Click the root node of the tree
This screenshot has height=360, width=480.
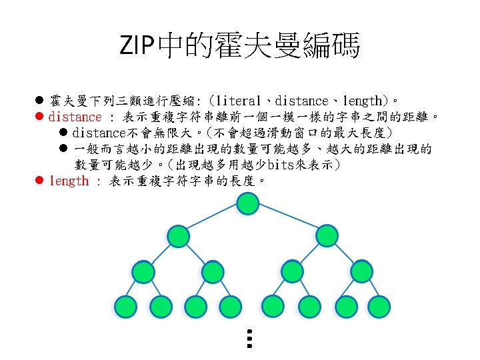pos(249,203)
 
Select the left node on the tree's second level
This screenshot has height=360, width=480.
pos(178,236)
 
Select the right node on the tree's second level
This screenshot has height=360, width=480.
pos(327,236)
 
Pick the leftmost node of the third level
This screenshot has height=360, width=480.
pos(143,271)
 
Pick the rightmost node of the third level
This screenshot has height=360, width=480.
pos(362,271)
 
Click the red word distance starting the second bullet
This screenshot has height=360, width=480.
pos(75,117)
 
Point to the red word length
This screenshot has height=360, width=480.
pos(69,181)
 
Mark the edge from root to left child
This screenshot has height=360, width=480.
pos(213,219)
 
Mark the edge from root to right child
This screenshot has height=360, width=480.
pos(287,219)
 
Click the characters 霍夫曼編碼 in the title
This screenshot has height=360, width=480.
pos(297,46)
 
